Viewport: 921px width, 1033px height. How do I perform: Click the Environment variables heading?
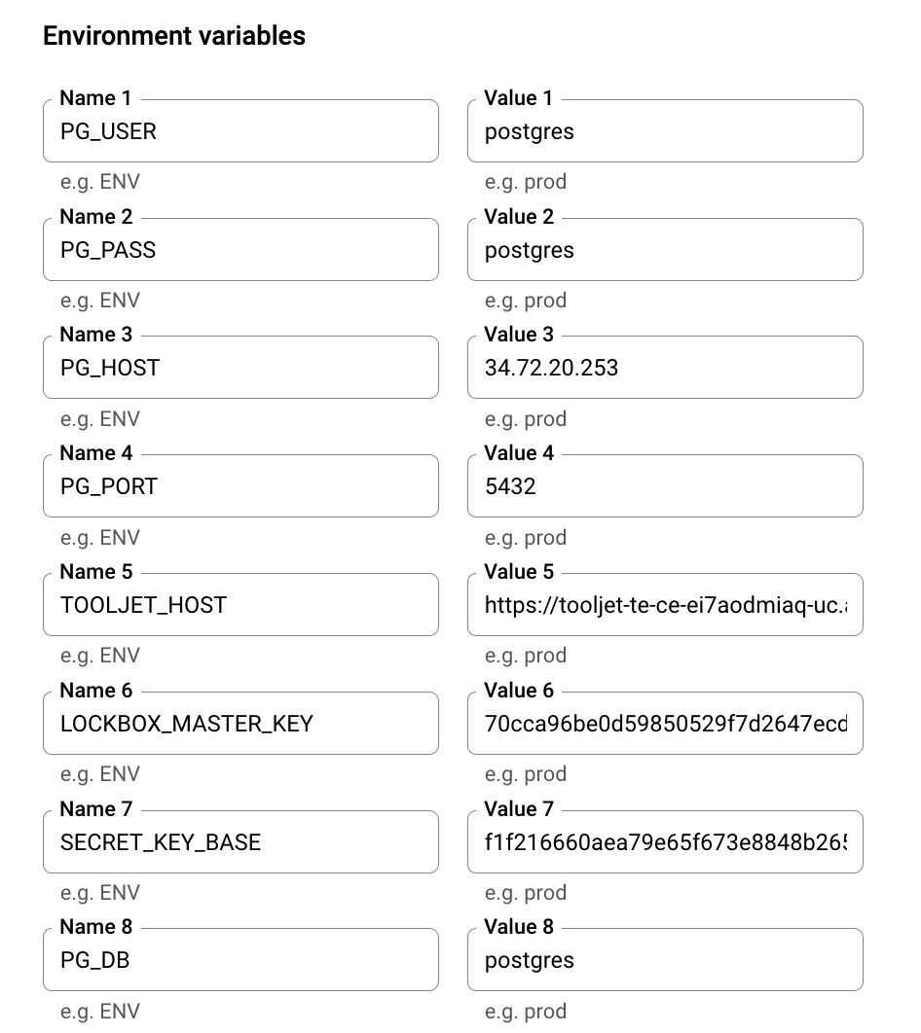(x=174, y=36)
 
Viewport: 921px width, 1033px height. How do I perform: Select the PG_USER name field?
(x=240, y=131)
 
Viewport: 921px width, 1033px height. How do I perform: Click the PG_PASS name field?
(x=240, y=250)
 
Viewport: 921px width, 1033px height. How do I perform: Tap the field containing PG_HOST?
(x=240, y=368)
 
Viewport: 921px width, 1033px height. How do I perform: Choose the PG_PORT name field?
(x=240, y=486)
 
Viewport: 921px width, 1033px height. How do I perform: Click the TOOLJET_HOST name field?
(x=240, y=605)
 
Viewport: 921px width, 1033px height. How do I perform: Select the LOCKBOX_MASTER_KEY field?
(x=240, y=724)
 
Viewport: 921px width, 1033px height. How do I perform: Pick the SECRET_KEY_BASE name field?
(x=240, y=842)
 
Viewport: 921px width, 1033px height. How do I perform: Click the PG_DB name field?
(x=240, y=960)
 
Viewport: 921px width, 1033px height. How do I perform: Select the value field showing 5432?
(x=665, y=486)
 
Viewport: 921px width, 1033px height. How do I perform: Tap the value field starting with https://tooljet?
(x=665, y=605)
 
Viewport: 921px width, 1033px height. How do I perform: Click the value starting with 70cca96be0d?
(x=665, y=724)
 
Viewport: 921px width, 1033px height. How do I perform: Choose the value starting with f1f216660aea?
(x=665, y=842)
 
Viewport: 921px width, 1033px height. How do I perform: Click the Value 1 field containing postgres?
(x=665, y=131)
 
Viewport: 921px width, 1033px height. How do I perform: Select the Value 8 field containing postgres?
(x=665, y=960)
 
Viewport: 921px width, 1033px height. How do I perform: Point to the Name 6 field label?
(x=95, y=691)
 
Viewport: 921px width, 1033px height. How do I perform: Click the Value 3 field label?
(x=519, y=335)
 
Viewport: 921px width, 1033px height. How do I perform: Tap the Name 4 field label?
(x=95, y=453)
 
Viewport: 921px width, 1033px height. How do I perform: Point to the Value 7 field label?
(x=519, y=809)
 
